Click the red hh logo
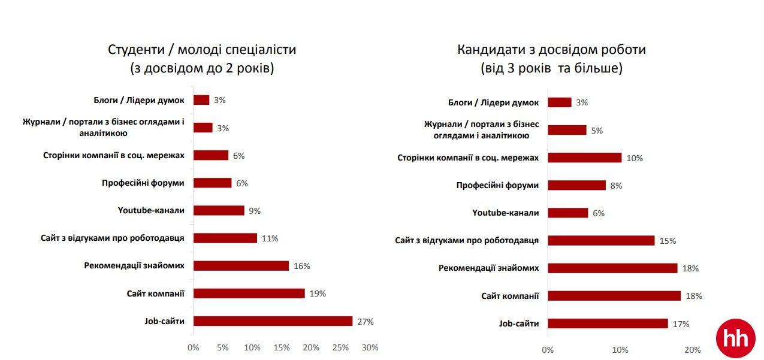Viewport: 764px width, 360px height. click(736, 338)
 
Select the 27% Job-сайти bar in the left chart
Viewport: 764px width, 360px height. click(273, 321)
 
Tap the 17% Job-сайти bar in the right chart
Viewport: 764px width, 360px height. click(608, 323)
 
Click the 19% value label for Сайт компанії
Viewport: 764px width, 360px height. click(318, 294)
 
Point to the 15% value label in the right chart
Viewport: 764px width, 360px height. click(668, 241)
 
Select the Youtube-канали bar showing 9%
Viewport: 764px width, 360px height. click(219, 211)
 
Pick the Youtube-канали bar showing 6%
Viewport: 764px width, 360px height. click(568, 213)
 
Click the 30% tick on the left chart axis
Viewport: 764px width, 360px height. click(370, 347)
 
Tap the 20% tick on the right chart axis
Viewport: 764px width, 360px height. click(692, 350)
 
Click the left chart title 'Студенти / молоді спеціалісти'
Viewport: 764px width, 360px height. click(202, 50)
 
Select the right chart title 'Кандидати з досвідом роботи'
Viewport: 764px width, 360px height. click(551, 50)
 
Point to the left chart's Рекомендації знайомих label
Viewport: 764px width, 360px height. click(134, 265)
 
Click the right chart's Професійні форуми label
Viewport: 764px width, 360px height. click(497, 185)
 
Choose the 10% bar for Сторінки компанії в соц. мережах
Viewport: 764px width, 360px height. click(584, 158)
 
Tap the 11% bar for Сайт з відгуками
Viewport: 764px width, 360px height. click(225, 238)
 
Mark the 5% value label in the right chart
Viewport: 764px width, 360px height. click(597, 130)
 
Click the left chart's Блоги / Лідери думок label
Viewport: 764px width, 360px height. click(139, 100)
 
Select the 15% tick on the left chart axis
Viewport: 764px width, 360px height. click(282, 347)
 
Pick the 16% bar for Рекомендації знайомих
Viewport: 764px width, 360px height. click(241, 266)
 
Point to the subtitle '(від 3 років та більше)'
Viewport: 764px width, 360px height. click(551, 68)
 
